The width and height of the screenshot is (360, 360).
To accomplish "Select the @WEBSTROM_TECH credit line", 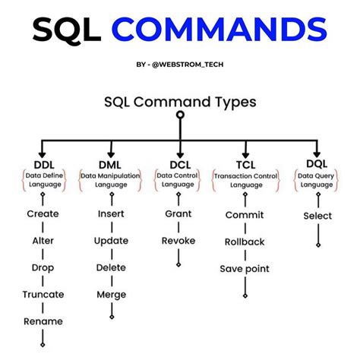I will pyautogui.click(x=181, y=65).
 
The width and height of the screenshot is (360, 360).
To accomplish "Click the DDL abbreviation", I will pyautogui.click(x=43, y=164).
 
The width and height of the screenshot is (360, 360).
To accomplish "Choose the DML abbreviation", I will pyautogui.click(x=111, y=164).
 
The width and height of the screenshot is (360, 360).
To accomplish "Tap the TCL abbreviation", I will pyautogui.click(x=245, y=164).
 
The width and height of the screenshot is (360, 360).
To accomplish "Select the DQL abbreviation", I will pyautogui.click(x=317, y=164).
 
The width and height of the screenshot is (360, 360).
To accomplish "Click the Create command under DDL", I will pyautogui.click(x=43, y=215).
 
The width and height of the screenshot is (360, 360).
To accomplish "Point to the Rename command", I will pyautogui.click(x=43, y=321).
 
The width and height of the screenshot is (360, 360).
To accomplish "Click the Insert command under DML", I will pyautogui.click(x=111, y=215).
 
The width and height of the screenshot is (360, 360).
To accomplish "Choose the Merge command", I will pyautogui.click(x=111, y=295).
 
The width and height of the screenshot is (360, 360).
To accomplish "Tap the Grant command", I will pyautogui.click(x=178, y=215).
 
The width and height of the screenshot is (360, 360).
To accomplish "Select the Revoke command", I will pyautogui.click(x=178, y=242).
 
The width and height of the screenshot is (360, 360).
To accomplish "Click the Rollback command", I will pyautogui.click(x=245, y=242).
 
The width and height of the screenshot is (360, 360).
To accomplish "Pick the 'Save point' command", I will pyautogui.click(x=245, y=269).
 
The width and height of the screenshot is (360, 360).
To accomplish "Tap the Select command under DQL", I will pyautogui.click(x=317, y=216).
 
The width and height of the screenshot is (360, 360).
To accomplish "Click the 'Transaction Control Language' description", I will pyautogui.click(x=245, y=179).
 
